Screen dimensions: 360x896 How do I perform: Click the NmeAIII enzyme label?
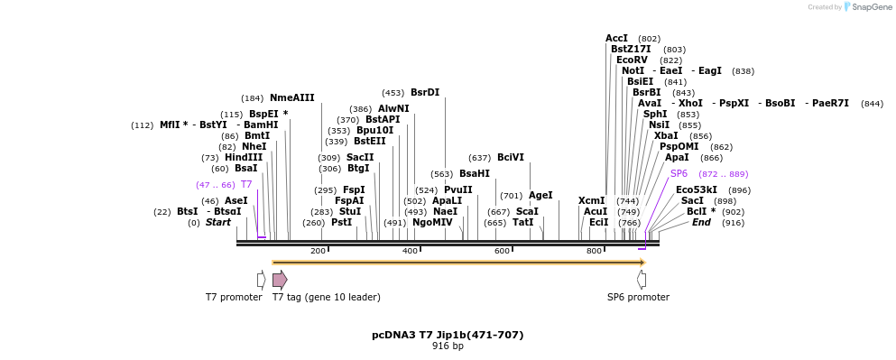pyautogui.click(x=291, y=97)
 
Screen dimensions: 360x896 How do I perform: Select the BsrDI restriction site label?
pyautogui.click(x=424, y=92)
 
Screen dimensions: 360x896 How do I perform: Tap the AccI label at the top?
pyautogui.click(x=616, y=38)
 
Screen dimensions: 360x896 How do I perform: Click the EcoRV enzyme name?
pyautogui.click(x=632, y=60)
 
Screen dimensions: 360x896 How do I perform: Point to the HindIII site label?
pyautogui.click(x=244, y=157)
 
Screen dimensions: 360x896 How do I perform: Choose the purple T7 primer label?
pyautogui.click(x=246, y=184)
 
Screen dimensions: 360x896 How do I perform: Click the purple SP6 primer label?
pyautogui.click(x=679, y=173)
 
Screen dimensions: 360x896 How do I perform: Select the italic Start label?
pyautogui.click(x=217, y=222)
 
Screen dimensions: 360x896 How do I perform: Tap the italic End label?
pyautogui.click(x=701, y=222)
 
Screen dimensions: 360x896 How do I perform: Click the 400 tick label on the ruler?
pyautogui.click(x=410, y=251)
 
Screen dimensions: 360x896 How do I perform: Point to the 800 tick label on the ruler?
pyautogui.click(x=594, y=251)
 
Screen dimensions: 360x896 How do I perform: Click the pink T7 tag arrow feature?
pyautogui.click(x=280, y=280)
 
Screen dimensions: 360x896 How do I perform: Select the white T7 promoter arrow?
pyautogui.click(x=261, y=280)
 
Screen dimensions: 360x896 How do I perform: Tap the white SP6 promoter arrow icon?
pyautogui.click(x=642, y=280)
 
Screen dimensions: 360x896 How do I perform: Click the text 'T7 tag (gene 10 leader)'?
pyautogui.click(x=327, y=297)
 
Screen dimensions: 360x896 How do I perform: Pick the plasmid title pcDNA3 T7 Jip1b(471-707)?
pyautogui.click(x=448, y=335)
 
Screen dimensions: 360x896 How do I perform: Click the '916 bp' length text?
pyautogui.click(x=448, y=346)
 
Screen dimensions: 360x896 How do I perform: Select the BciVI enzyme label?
pyautogui.click(x=510, y=157)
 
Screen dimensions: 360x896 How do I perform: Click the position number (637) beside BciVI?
pyautogui.click(x=480, y=158)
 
